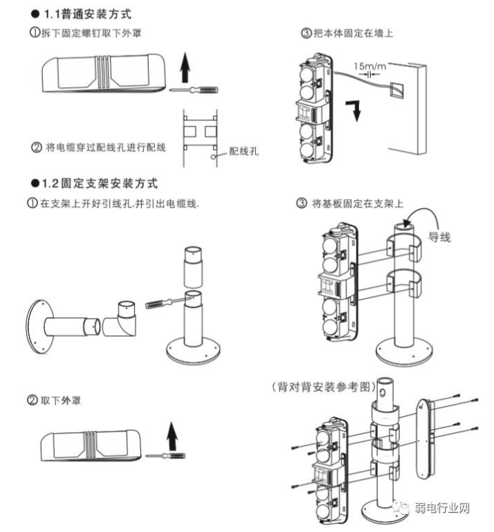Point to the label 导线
(x=439, y=237)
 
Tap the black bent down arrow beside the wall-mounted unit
(x=356, y=110)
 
